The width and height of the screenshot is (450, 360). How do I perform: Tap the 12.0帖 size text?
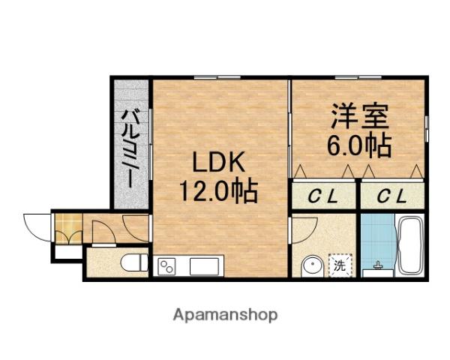(x=217, y=192)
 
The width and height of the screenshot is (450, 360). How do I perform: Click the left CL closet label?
(x=324, y=196)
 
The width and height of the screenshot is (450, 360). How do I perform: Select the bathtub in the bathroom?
(x=409, y=246)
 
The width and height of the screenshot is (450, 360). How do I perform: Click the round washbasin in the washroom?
(x=312, y=266)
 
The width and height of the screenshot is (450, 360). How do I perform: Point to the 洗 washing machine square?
(x=340, y=265)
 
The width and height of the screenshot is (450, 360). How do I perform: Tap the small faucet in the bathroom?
(x=376, y=266)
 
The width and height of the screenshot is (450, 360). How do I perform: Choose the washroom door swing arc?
(x=304, y=231)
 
